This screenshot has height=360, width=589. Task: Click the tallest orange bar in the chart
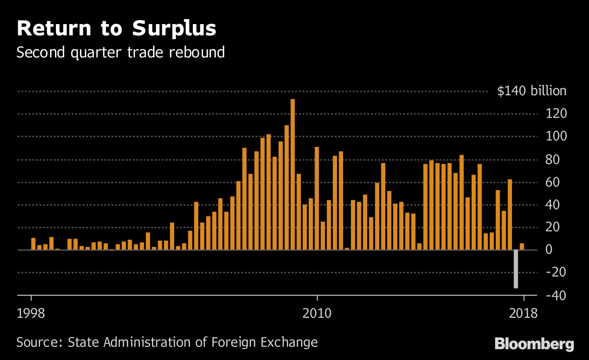click(293, 174)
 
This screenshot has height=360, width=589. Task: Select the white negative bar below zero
click(516, 269)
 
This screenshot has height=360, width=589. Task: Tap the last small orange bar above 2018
click(522, 247)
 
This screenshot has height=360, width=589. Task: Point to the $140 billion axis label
click(532, 91)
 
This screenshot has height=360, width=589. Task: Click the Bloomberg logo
click(534, 344)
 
